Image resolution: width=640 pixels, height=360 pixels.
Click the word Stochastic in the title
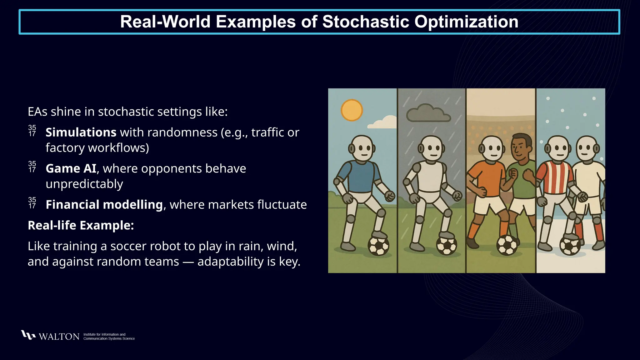[x=365, y=22]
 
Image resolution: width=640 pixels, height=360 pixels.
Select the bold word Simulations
[x=81, y=132]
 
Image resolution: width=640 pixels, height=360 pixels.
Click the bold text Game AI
[x=71, y=169]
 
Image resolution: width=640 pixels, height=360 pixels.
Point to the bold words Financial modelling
[x=104, y=205]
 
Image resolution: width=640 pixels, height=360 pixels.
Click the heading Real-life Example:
[x=81, y=225]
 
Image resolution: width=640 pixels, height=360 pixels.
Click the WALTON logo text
[x=59, y=337]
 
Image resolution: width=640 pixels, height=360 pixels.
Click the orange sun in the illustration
[x=352, y=110]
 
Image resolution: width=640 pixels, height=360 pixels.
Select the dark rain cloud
[x=428, y=114]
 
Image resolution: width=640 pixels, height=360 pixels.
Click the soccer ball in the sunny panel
[x=379, y=246]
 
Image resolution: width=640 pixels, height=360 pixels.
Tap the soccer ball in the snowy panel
[x=570, y=246]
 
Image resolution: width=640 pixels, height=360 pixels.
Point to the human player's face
[x=521, y=148]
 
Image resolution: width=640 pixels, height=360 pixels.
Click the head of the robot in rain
[x=432, y=148]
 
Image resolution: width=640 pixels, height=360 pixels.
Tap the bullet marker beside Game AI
[x=32, y=167]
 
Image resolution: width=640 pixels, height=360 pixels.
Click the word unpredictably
[x=84, y=184]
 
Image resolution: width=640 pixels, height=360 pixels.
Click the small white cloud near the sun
[x=383, y=123]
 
